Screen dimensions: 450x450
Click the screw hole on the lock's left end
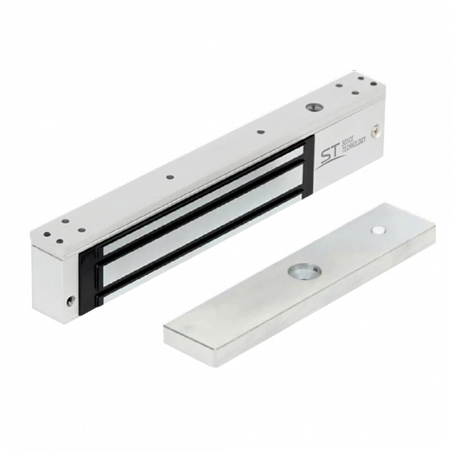69,301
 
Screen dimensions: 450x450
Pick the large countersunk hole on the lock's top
312,107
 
